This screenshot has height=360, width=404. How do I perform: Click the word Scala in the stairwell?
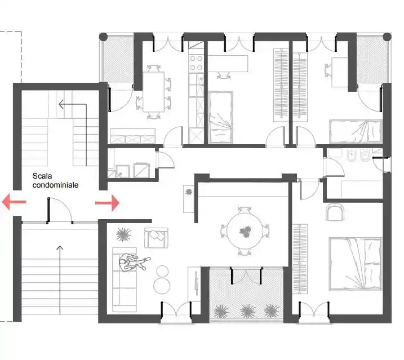42,176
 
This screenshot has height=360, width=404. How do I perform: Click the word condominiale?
55,185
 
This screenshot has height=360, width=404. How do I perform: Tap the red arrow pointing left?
14,202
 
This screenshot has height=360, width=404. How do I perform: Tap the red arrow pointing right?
108,203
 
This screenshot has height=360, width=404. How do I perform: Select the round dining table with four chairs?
245,231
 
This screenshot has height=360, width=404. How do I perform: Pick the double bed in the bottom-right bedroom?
355,264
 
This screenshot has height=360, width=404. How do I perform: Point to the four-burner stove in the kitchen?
196,63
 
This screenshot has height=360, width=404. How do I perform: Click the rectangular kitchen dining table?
154,92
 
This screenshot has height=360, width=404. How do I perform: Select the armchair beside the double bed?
335,212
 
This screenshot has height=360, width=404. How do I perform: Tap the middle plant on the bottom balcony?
248,311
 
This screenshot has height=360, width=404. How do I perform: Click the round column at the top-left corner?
103,37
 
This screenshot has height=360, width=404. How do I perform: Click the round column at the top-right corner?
387,37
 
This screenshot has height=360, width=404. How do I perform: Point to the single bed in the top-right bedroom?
356,131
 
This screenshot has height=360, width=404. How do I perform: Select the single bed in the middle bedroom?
221,117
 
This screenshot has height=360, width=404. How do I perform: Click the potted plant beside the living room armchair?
123,235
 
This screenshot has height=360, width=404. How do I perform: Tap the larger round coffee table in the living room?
162,286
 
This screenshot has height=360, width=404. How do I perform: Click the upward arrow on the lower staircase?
60,280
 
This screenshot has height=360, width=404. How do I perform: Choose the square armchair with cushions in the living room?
157,238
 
